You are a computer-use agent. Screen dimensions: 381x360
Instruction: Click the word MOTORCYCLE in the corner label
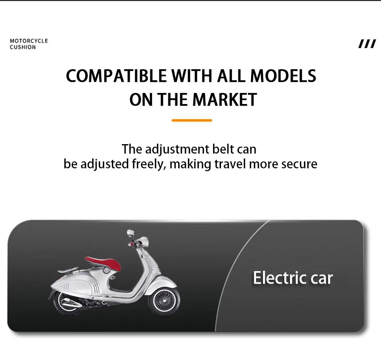coord(29,41)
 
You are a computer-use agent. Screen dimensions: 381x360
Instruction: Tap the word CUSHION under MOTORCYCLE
coord(23,47)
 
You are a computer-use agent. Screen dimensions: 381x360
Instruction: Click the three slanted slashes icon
coord(367,44)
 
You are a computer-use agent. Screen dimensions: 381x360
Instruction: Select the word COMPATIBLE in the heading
coord(116,76)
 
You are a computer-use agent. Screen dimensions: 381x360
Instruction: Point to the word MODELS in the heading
coord(283,76)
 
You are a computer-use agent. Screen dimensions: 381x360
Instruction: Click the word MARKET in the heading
coord(225,100)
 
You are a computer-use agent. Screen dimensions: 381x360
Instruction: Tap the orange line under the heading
coord(192,120)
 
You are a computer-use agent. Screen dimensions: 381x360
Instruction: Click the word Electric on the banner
coord(280,278)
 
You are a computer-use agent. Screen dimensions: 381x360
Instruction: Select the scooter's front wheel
coord(164,301)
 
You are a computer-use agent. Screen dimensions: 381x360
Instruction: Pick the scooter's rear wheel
coord(67,303)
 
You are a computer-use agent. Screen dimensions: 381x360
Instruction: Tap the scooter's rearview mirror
coord(130,233)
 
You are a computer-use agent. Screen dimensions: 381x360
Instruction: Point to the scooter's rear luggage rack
coord(68,269)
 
